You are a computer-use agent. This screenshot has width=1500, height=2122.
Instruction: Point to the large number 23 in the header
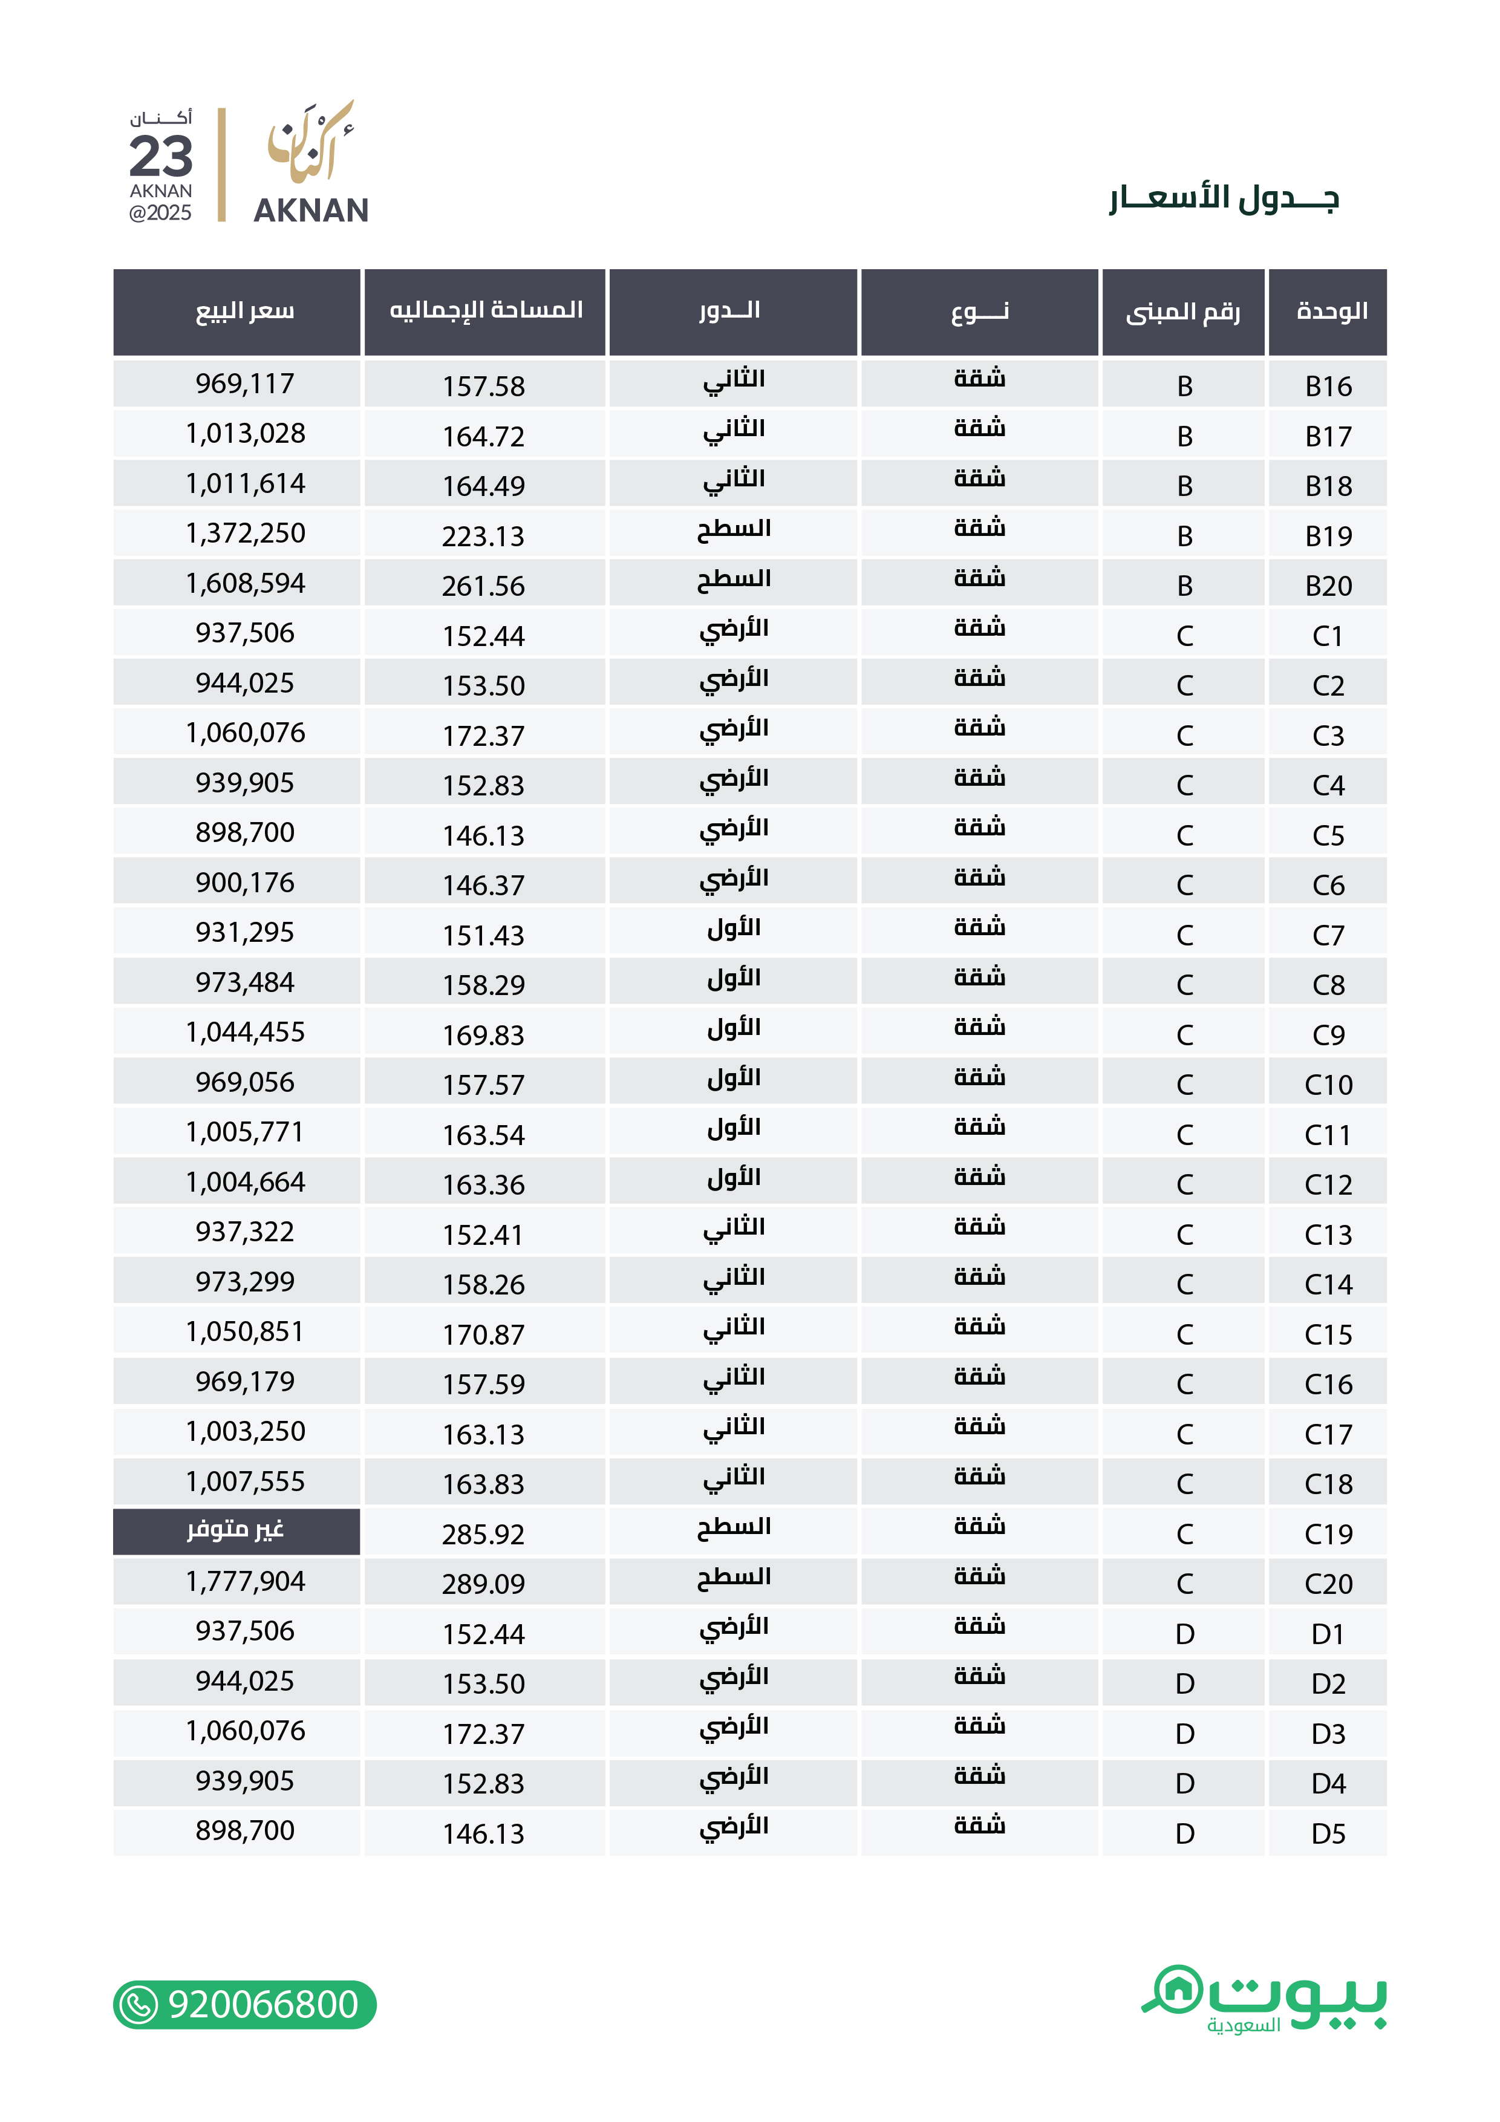[161, 155]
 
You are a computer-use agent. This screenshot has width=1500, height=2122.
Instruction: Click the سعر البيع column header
[245, 312]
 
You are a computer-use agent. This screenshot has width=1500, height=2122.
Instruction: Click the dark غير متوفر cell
[236, 1530]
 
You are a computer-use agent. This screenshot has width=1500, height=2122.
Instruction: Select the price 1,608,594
[245, 583]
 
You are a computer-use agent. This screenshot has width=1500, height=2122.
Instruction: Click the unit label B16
[1328, 387]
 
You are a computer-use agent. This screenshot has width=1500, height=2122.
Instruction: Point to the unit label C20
[1328, 1584]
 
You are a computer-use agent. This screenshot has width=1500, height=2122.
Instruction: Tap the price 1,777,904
[245, 1581]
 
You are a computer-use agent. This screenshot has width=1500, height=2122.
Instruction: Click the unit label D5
[1328, 1833]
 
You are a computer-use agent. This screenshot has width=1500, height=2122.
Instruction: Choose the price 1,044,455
[245, 1033]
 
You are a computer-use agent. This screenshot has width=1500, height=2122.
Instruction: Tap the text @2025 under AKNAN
[161, 212]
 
